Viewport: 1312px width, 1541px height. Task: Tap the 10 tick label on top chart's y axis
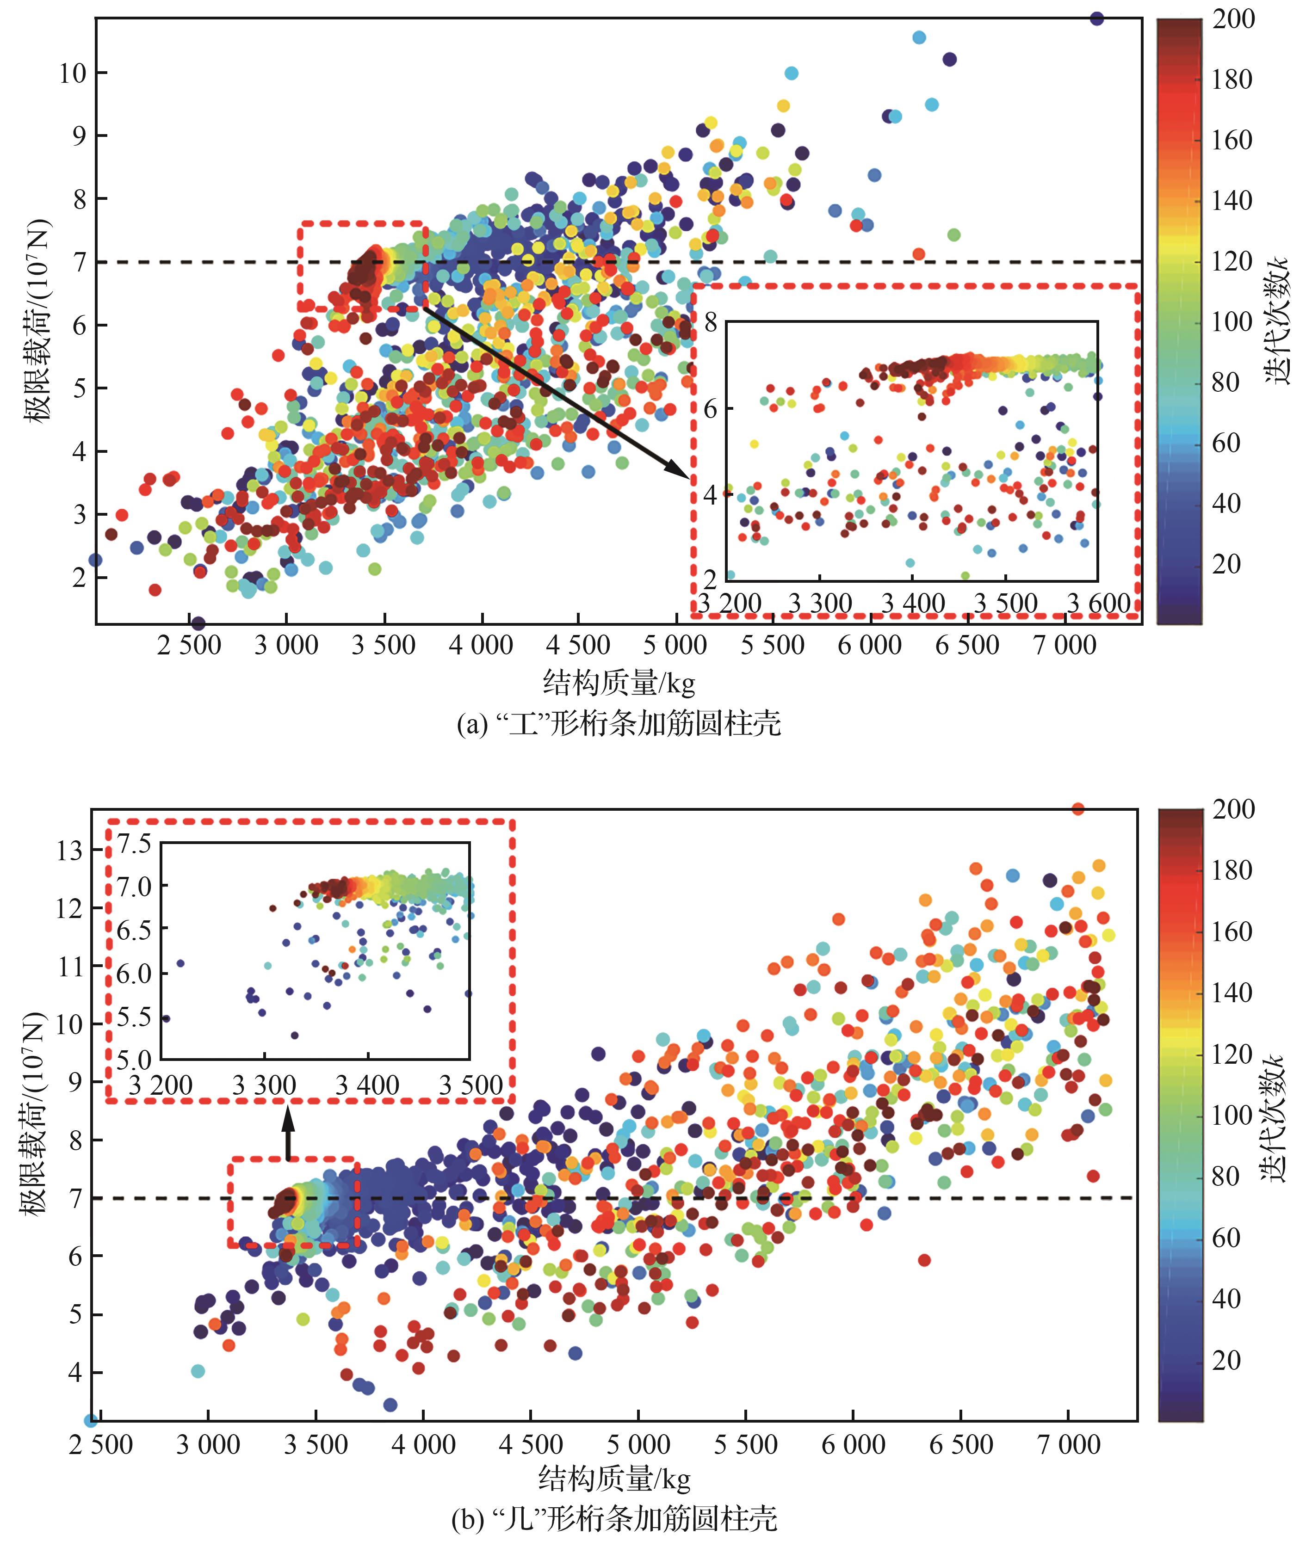(73, 73)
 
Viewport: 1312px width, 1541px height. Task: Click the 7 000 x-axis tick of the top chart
(1064, 645)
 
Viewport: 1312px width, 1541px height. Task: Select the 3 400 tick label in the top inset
(913, 603)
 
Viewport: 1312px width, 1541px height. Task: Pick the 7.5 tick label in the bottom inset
(134, 844)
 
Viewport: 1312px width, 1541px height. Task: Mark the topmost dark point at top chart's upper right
(1096, 18)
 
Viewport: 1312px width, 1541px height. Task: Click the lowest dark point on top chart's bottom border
(198, 623)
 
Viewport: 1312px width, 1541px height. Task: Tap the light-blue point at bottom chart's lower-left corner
(91, 1421)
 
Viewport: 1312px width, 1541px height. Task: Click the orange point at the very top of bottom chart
(1078, 809)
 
